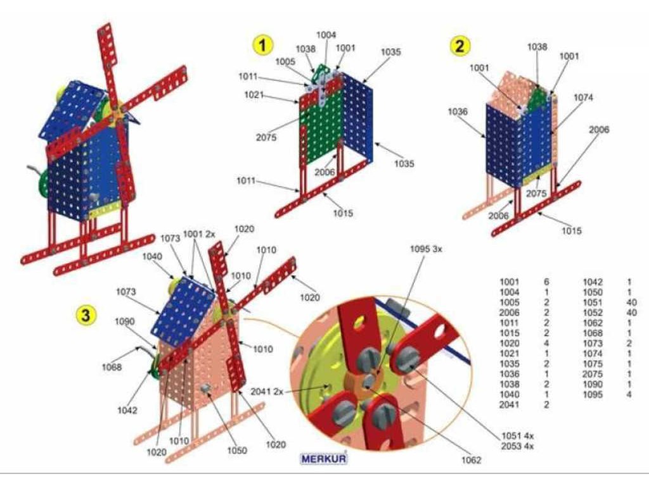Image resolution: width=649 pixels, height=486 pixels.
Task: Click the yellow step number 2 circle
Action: [459, 46]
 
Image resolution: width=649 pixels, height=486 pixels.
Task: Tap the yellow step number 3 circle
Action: [86, 315]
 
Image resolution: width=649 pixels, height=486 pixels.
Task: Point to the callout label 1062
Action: [469, 460]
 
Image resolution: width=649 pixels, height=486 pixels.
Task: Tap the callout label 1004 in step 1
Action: [326, 35]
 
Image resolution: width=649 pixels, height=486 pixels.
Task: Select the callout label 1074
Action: [584, 97]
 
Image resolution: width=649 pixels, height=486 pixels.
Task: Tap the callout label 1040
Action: [153, 256]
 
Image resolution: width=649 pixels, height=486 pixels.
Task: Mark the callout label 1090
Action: [125, 321]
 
